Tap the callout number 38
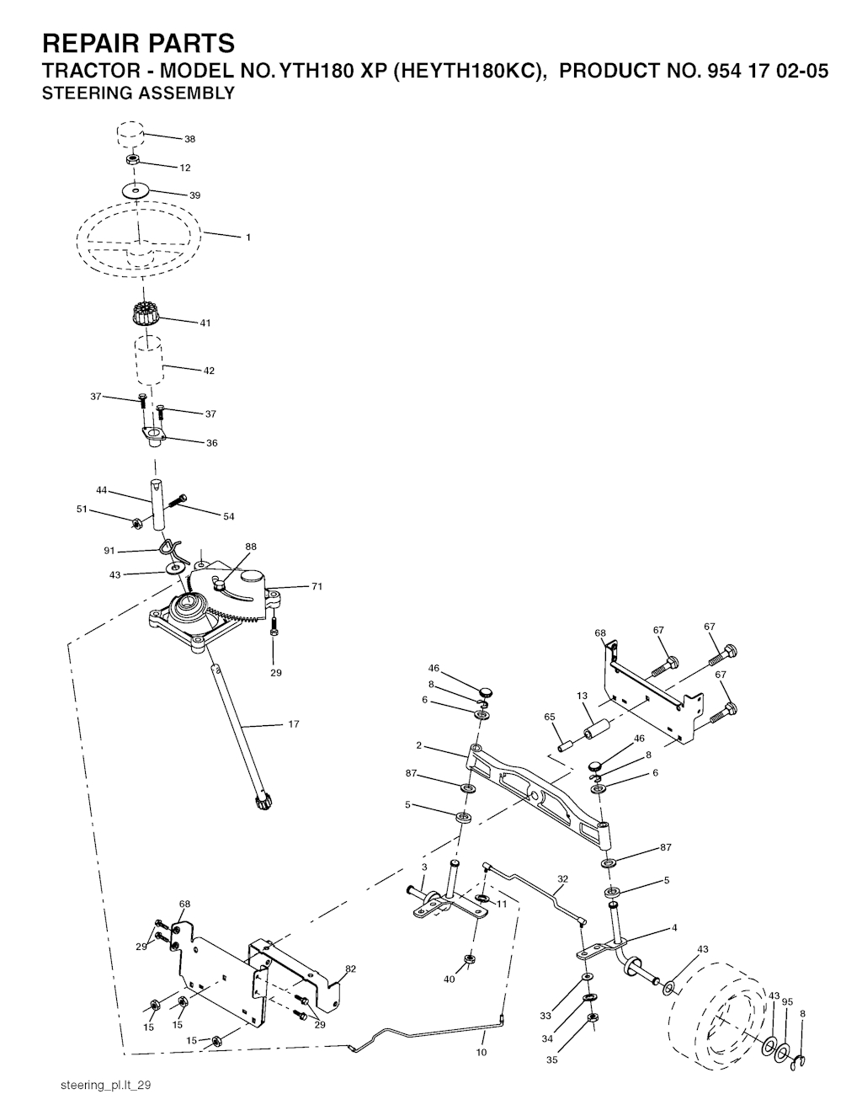pyautogui.click(x=190, y=139)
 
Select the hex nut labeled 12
pyautogui.click(x=134, y=160)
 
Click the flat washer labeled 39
pyautogui.click(x=136, y=191)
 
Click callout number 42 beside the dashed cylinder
pyautogui.click(x=209, y=371)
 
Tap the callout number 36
pyautogui.click(x=211, y=443)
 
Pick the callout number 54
pyautogui.click(x=229, y=516)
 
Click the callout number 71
pyautogui.click(x=317, y=586)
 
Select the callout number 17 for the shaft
pyautogui.click(x=294, y=723)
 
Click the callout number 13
pyautogui.click(x=582, y=695)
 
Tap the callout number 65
pyautogui.click(x=549, y=717)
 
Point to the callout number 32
pyautogui.click(x=562, y=878)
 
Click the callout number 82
pyautogui.click(x=351, y=969)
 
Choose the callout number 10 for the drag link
pyautogui.click(x=482, y=1052)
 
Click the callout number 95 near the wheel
pyautogui.click(x=787, y=1001)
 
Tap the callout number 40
pyautogui.click(x=449, y=979)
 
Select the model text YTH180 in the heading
pyautogui.click(x=317, y=71)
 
